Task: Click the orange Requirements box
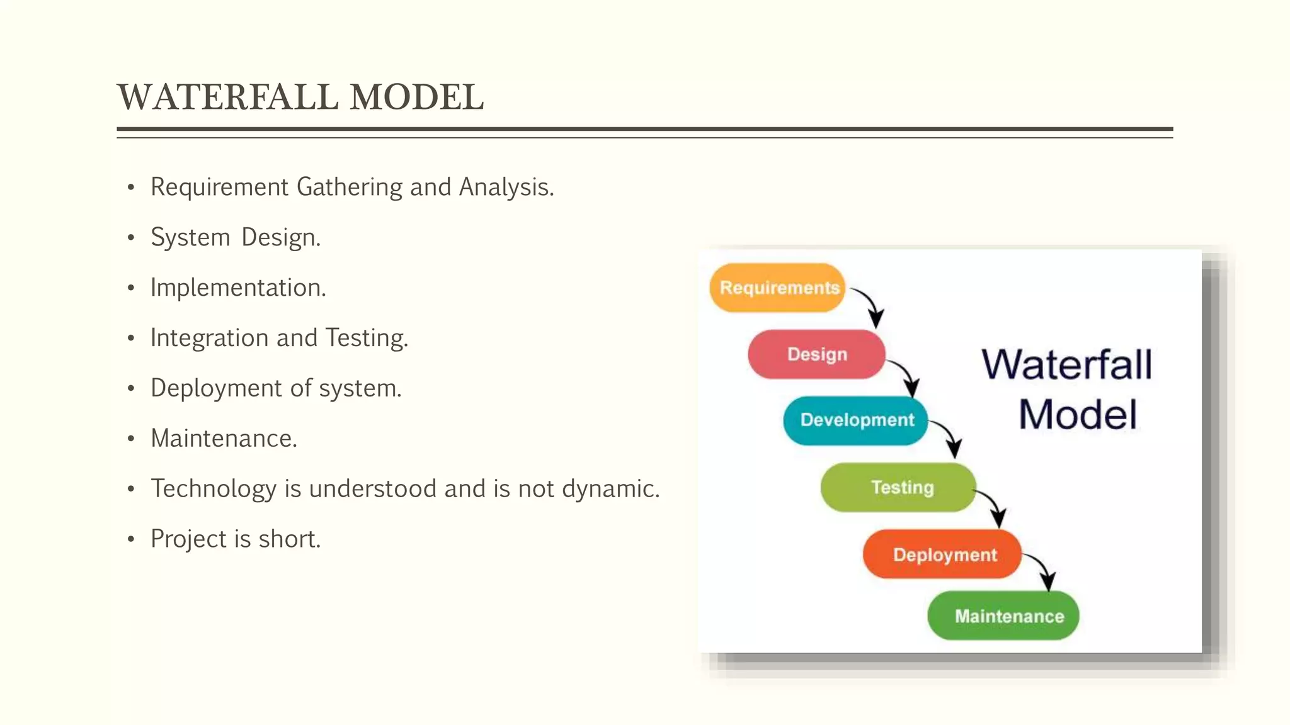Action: [777, 288]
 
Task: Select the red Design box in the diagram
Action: [816, 354]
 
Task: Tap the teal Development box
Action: [855, 420]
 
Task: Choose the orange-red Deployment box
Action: [942, 554]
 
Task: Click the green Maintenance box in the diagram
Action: [1003, 615]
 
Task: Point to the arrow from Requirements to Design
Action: [871, 305]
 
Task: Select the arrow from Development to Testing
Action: [950, 437]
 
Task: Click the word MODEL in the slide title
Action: [416, 98]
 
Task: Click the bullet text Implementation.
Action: [238, 288]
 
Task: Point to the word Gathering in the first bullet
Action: [349, 188]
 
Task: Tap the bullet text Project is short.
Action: [236, 539]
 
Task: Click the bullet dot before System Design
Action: [131, 238]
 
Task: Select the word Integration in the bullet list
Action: [209, 339]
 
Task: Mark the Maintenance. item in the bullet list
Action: [224, 439]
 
